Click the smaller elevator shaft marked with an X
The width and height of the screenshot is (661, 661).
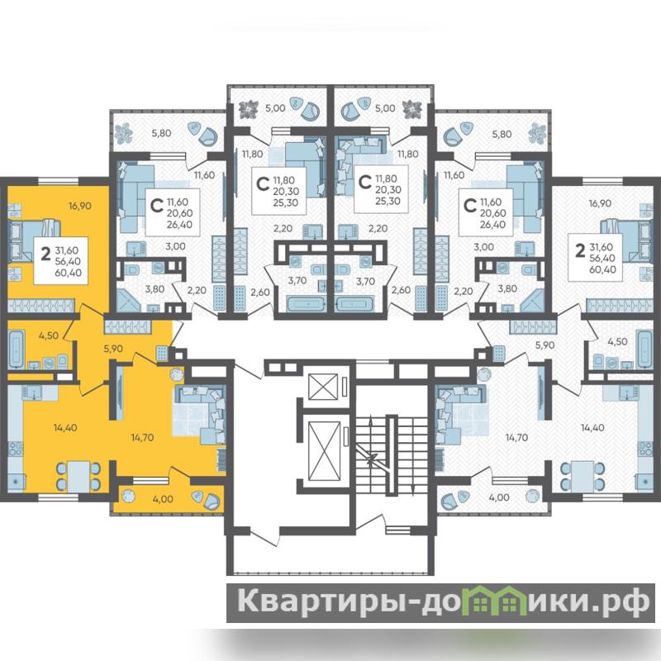[x=323, y=386]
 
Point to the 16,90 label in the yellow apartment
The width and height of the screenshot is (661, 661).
[x=80, y=206]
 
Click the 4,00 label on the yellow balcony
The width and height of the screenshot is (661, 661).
[x=163, y=499]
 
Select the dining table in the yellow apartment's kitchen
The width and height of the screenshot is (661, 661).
[x=78, y=475]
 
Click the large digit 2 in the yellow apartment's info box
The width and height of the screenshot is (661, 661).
[x=45, y=254]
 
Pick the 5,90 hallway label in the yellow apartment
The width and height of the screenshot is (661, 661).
[x=113, y=349]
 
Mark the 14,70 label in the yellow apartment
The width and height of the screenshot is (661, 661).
[x=142, y=438]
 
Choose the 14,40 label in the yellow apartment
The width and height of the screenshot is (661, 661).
[x=65, y=427]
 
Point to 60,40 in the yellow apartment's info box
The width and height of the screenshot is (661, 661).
[x=69, y=273]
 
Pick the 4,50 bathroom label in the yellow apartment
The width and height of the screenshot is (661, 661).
[x=48, y=336]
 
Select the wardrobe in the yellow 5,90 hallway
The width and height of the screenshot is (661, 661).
[x=128, y=326]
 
